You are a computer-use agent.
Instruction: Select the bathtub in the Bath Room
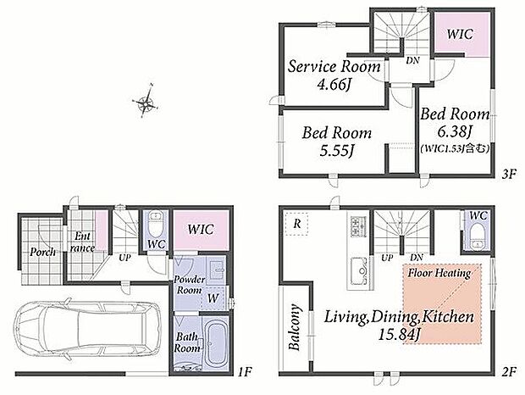pyautogui.click(x=216, y=342)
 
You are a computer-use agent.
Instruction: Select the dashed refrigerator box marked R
pyautogui.click(x=296, y=224)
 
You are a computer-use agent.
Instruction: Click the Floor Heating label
pyautogui.click(x=439, y=273)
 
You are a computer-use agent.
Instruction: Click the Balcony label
pyautogui.click(x=294, y=327)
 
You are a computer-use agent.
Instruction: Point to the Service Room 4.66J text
pyautogui.click(x=334, y=75)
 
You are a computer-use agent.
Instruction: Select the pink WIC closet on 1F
pyautogui.click(x=201, y=230)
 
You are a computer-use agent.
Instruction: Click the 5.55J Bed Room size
pyautogui.click(x=338, y=151)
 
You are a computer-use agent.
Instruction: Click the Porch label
pyautogui.click(x=42, y=252)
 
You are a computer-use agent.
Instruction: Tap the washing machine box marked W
pyautogui.click(x=213, y=298)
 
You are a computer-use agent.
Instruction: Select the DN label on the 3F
pyautogui.click(x=412, y=61)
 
